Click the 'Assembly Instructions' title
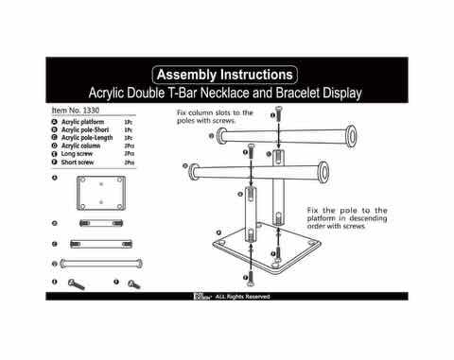225,74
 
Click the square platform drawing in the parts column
101,194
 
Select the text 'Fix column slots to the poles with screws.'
216,117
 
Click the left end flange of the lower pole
197,172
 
